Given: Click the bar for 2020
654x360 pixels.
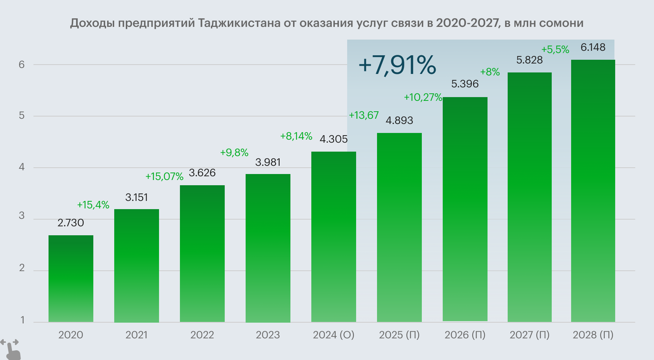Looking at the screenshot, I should click(71, 279).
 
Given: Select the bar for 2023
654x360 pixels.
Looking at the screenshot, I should click(268, 248).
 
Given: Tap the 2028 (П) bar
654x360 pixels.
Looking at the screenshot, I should click(593, 190).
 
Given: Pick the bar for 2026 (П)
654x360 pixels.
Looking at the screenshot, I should click(465, 209).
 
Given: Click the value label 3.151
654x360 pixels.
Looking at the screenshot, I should click(137, 197).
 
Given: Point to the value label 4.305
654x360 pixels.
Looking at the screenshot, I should click(334, 139).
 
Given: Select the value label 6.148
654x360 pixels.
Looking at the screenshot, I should click(593, 47).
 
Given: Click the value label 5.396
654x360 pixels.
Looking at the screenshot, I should click(465, 84).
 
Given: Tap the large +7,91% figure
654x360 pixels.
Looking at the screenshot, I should click(397, 65).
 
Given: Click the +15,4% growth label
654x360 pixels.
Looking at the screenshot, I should click(93, 205).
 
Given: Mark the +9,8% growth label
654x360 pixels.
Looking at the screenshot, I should click(234, 152).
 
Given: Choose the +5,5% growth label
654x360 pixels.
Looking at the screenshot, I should click(555, 49).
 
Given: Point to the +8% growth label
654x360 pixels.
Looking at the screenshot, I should click(490, 72).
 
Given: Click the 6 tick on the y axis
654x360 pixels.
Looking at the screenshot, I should click(22, 65).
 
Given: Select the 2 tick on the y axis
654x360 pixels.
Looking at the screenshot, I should click(22, 268).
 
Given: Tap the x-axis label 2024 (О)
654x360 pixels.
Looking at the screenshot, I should click(334, 335).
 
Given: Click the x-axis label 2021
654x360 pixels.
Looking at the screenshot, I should click(137, 335).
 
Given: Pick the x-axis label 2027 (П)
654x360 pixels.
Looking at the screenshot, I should click(530, 335).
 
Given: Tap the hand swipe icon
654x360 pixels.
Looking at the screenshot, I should click(10, 349).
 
